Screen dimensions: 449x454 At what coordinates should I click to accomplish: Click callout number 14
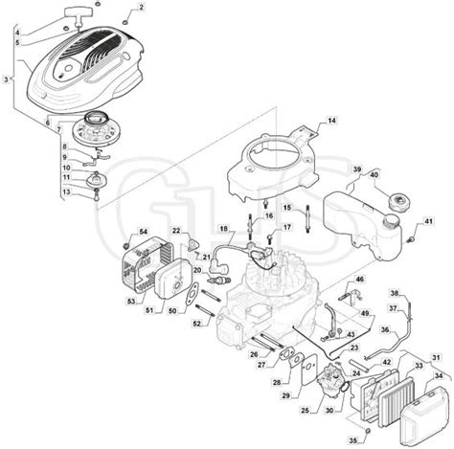coord(329,121)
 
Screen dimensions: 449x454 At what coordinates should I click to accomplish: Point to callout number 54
coord(143,233)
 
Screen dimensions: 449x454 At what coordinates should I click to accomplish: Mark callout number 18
coord(223,230)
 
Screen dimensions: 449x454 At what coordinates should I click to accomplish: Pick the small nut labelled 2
coord(125,18)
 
